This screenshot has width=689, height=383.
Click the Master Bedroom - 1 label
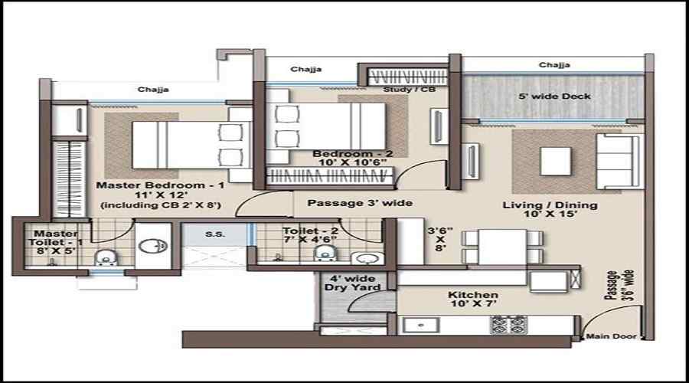pyautogui.click(x=161, y=185)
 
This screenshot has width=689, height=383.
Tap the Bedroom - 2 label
pyautogui.click(x=352, y=154)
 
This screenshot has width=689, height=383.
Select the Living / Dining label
pyautogui.click(x=550, y=205)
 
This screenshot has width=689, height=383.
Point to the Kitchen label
pyautogui.click(x=473, y=295)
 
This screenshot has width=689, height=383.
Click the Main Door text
pyautogui.click(x=611, y=336)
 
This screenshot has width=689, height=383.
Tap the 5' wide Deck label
pyautogui.click(x=554, y=97)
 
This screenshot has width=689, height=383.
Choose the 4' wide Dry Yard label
pyautogui.click(x=352, y=283)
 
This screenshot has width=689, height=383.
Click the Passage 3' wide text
pyautogui.click(x=360, y=203)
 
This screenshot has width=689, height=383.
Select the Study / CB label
pyautogui.click(x=409, y=90)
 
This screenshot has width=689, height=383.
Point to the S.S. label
pyautogui.click(x=215, y=234)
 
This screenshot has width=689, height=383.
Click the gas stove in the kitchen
pyautogui.click(x=508, y=325)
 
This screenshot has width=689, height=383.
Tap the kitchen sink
pyautogui.click(x=421, y=326)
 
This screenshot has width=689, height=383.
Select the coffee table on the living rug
pyautogui.click(x=556, y=162)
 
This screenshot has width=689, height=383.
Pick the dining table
pyautogui.click(x=502, y=247)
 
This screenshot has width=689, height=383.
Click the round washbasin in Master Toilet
pyautogui.click(x=152, y=246)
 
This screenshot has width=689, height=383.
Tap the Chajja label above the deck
pyautogui.click(x=554, y=65)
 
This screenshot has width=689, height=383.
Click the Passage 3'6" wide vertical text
pyautogui.click(x=619, y=286)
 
